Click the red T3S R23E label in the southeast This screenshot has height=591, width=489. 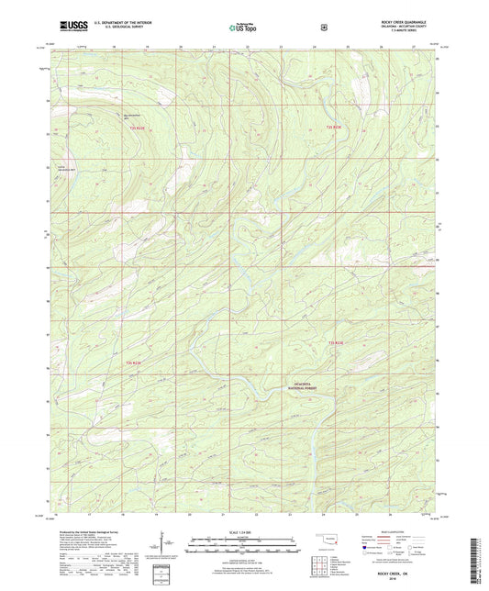(x=337, y=342)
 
